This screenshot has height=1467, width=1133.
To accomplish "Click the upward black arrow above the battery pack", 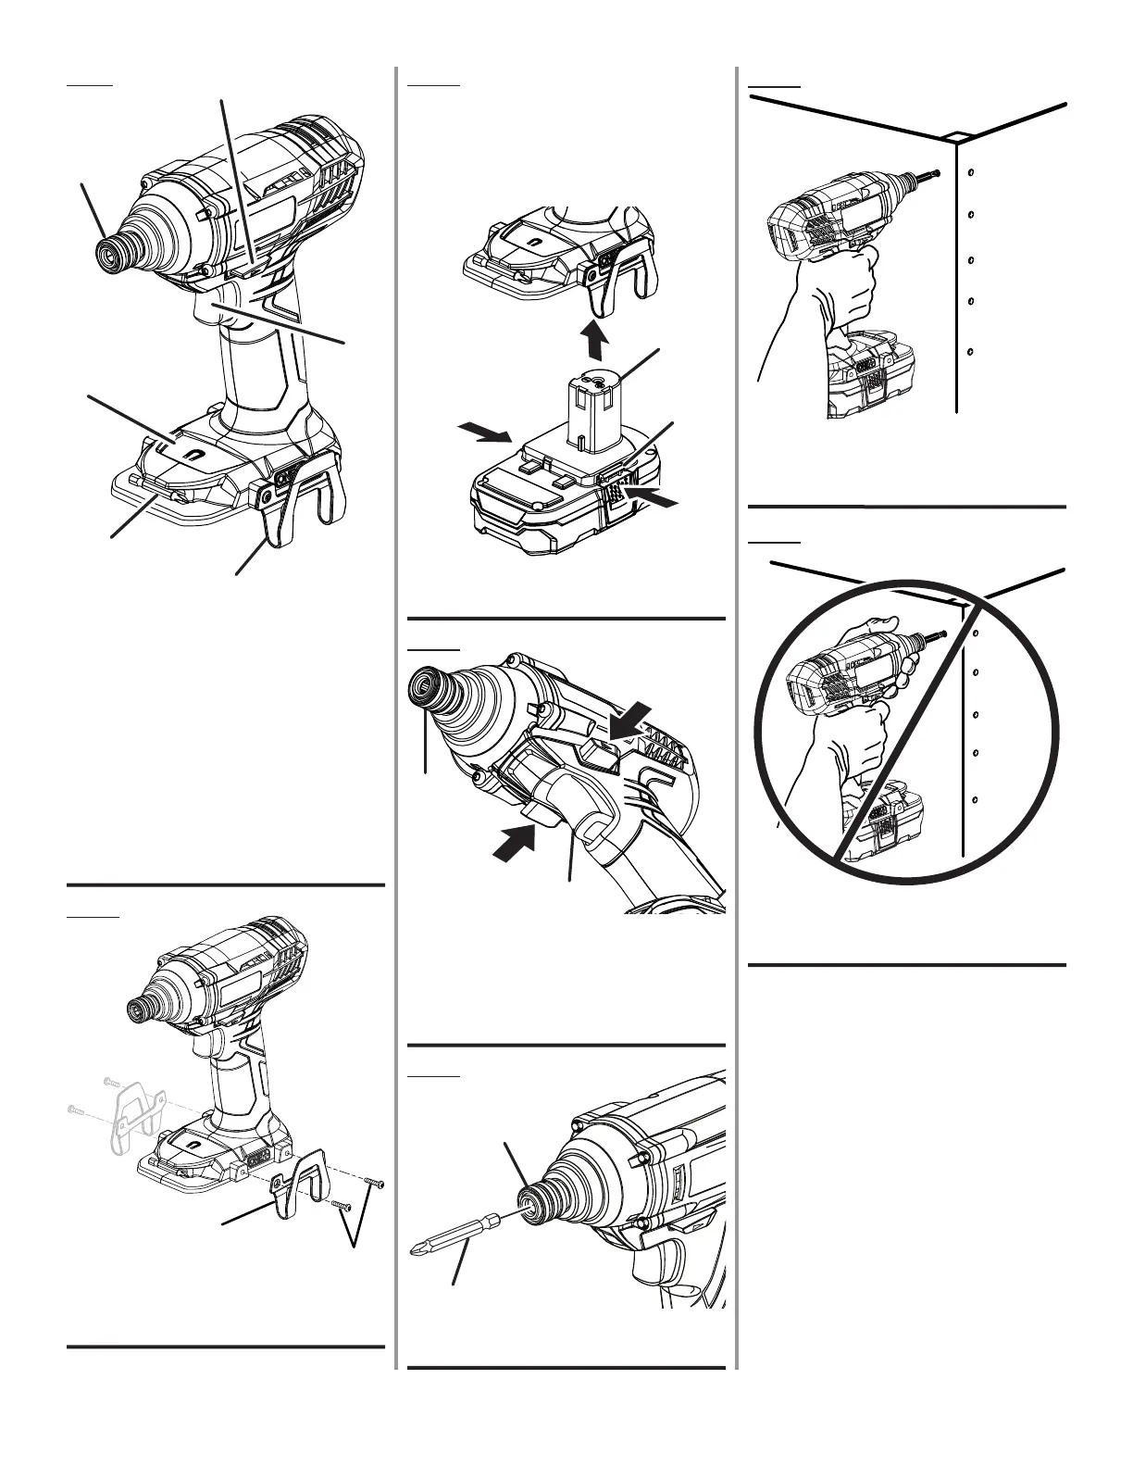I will pos(598,342).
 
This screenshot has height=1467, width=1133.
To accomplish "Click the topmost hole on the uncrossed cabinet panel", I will pos(969,172).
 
